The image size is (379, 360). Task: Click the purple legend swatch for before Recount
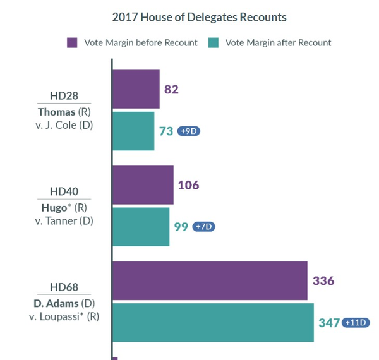click(73, 43)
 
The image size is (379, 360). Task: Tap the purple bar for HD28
click(135, 89)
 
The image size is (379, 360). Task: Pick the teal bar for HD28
click(133, 131)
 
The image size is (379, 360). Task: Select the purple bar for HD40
click(142, 185)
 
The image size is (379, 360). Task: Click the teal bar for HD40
click(140, 226)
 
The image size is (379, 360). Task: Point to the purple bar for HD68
click(209, 281)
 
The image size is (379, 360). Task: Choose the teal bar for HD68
click(213, 322)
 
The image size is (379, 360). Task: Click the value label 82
click(171, 89)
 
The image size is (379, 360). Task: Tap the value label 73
click(166, 131)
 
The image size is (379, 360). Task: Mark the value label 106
click(188, 185)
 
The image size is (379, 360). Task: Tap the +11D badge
click(356, 322)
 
